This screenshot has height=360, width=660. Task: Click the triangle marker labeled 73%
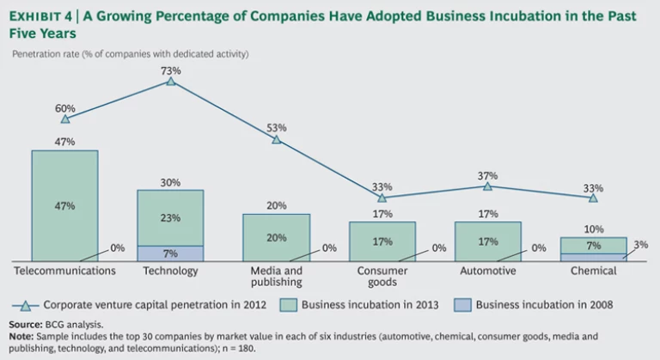pos(171,81)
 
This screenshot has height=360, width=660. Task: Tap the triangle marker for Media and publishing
pos(277,139)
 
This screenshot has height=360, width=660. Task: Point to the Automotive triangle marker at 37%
pos(487,186)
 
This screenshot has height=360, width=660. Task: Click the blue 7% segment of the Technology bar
pos(170,253)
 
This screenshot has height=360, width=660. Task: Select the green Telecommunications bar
pos(65,205)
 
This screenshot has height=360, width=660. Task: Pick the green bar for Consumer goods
pos(382,241)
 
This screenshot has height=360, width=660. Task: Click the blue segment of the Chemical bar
pos(593,257)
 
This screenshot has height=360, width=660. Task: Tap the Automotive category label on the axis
pos(487,271)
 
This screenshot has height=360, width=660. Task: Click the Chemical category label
pos(593,271)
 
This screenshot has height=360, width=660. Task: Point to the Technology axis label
pos(170,271)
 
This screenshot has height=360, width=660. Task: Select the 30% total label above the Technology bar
pos(170,182)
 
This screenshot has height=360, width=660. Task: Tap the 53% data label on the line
pos(277,127)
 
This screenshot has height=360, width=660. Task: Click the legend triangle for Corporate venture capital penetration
pos(27,304)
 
